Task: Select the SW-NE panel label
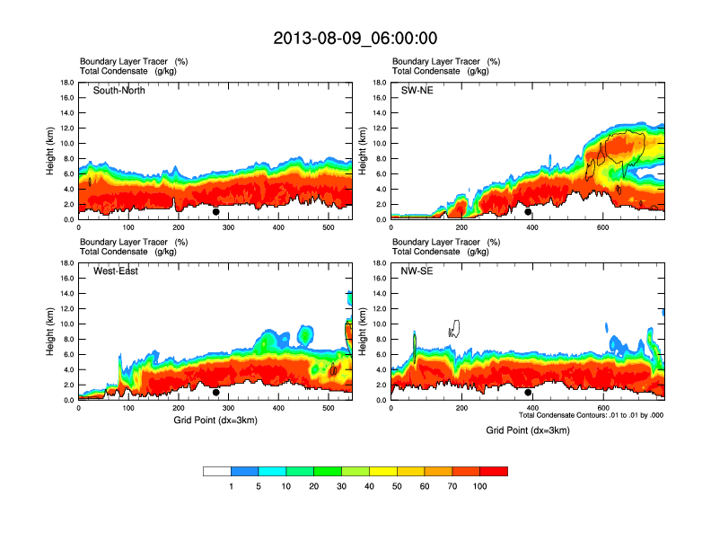[417, 90]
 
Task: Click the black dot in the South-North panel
[216, 212]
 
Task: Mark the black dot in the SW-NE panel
[528, 212]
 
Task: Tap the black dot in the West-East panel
[216, 393]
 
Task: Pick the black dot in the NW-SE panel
[528, 393]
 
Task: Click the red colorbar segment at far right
[494, 471]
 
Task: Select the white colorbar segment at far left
[217, 471]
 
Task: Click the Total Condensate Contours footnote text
[591, 415]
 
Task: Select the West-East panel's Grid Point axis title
[215, 421]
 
